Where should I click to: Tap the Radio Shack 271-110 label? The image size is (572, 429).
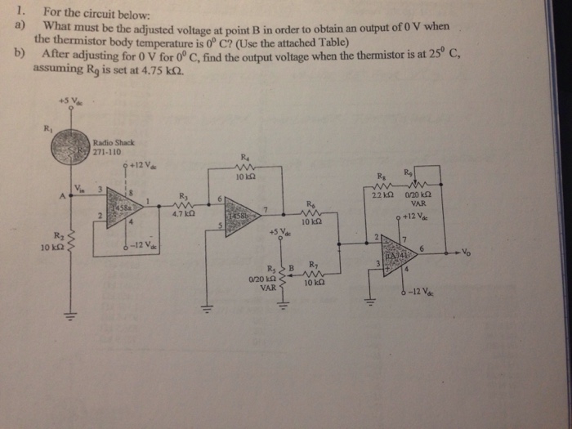click(109, 147)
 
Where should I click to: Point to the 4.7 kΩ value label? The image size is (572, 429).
click(183, 215)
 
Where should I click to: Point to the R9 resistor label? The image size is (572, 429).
click(409, 172)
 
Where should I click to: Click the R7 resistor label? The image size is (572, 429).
click(313, 263)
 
